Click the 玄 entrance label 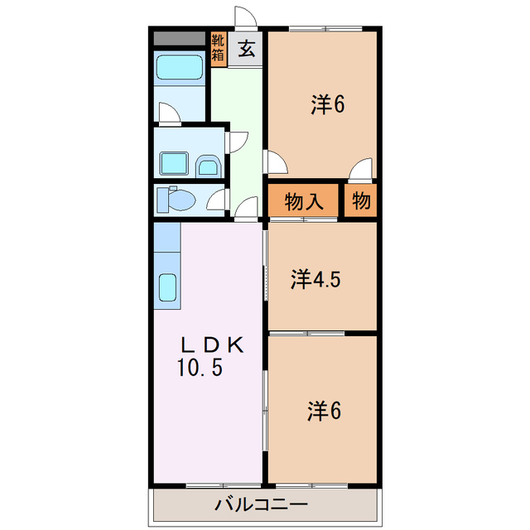click(247, 50)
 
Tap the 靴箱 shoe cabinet click(218, 49)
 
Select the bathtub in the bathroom click(180, 69)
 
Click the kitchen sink click(168, 287)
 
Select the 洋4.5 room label click(315, 278)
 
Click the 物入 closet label click(303, 200)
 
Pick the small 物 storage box click(360, 200)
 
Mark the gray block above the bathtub click(179, 38)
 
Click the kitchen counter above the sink click(167, 240)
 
